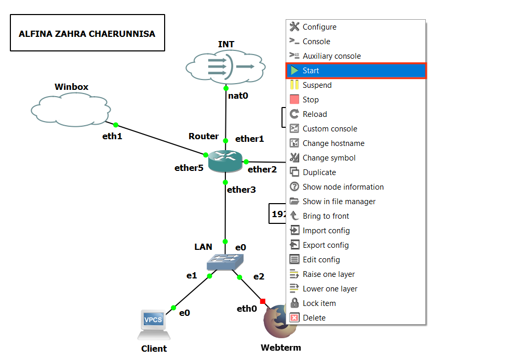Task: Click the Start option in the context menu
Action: click(x=311, y=71)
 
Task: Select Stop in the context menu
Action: click(x=311, y=100)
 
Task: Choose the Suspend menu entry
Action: click(x=317, y=85)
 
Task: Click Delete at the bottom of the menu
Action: click(x=314, y=318)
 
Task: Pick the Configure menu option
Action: click(x=319, y=27)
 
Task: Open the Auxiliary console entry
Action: click(x=331, y=56)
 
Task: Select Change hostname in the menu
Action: click(x=333, y=143)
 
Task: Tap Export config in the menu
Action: click(x=326, y=245)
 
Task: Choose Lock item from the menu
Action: click(x=319, y=303)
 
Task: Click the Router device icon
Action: click(x=225, y=162)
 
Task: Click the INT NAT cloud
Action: click(x=226, y=66)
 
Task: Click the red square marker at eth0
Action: click(x=263, y=301)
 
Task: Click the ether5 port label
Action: click(x=189, y=168)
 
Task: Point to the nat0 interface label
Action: click(x=238, y=95)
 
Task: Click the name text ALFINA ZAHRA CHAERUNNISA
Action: click(x=87, y=34)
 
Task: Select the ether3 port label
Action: click(x=241, y=190)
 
